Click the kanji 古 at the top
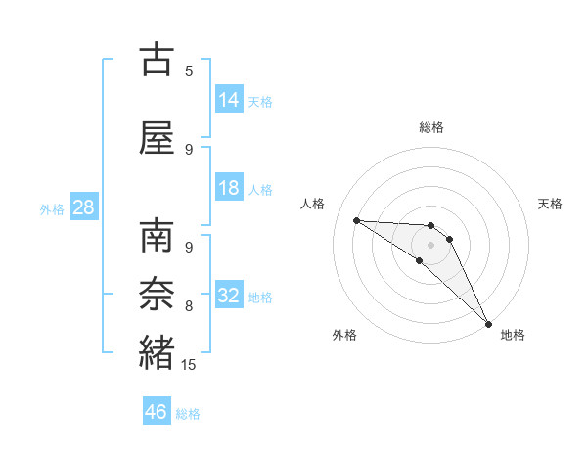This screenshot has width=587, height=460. [x=157, y=60]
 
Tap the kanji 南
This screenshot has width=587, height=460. [x=157, y=237]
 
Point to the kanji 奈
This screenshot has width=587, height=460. [x=157, y=295]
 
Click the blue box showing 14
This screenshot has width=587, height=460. [x=229, y=100]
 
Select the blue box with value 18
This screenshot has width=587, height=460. [x=229, y=188]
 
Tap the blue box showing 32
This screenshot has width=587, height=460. [x=229, y=296]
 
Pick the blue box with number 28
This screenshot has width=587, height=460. [x=82, y=207]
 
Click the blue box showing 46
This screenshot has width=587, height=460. [x=157, y=412]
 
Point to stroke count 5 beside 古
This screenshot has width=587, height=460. [x=189, y=71]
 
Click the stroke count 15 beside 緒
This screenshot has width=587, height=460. [x=189, y=365]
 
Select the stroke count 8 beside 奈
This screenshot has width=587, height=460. [x=189, y=306]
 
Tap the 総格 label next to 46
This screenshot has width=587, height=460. [x=188, y=414]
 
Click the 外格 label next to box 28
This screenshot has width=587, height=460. [x=52, y=208]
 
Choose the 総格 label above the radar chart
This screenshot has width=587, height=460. [x=431, y=127]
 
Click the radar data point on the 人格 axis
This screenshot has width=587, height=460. [x=356, y=220]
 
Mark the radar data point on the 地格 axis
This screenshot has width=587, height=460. [x=488, y=323]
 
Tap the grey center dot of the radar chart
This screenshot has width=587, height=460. [x=431, y=245]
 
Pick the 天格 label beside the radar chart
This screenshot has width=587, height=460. [x=550, y=204]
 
